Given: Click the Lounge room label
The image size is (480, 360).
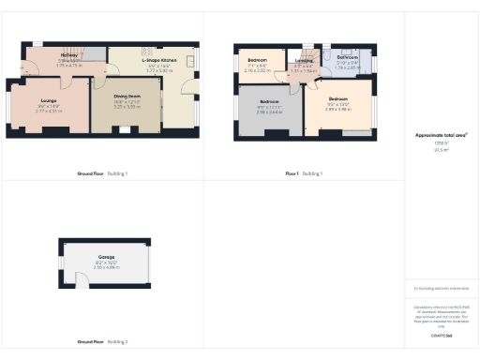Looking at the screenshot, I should click(x=49, y=99).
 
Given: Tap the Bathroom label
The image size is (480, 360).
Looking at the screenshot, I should click(x=348, y=57).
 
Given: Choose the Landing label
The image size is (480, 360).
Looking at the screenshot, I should click(x=304, y=60).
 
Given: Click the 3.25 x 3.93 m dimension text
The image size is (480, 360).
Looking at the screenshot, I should click(x=127, y=108).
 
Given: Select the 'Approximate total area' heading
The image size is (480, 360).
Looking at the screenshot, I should click(x=441, y=135).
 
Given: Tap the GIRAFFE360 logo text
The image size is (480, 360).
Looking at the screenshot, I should click(x=441, y=335).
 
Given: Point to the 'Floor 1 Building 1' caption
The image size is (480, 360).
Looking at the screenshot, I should click(x=303, y=173).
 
